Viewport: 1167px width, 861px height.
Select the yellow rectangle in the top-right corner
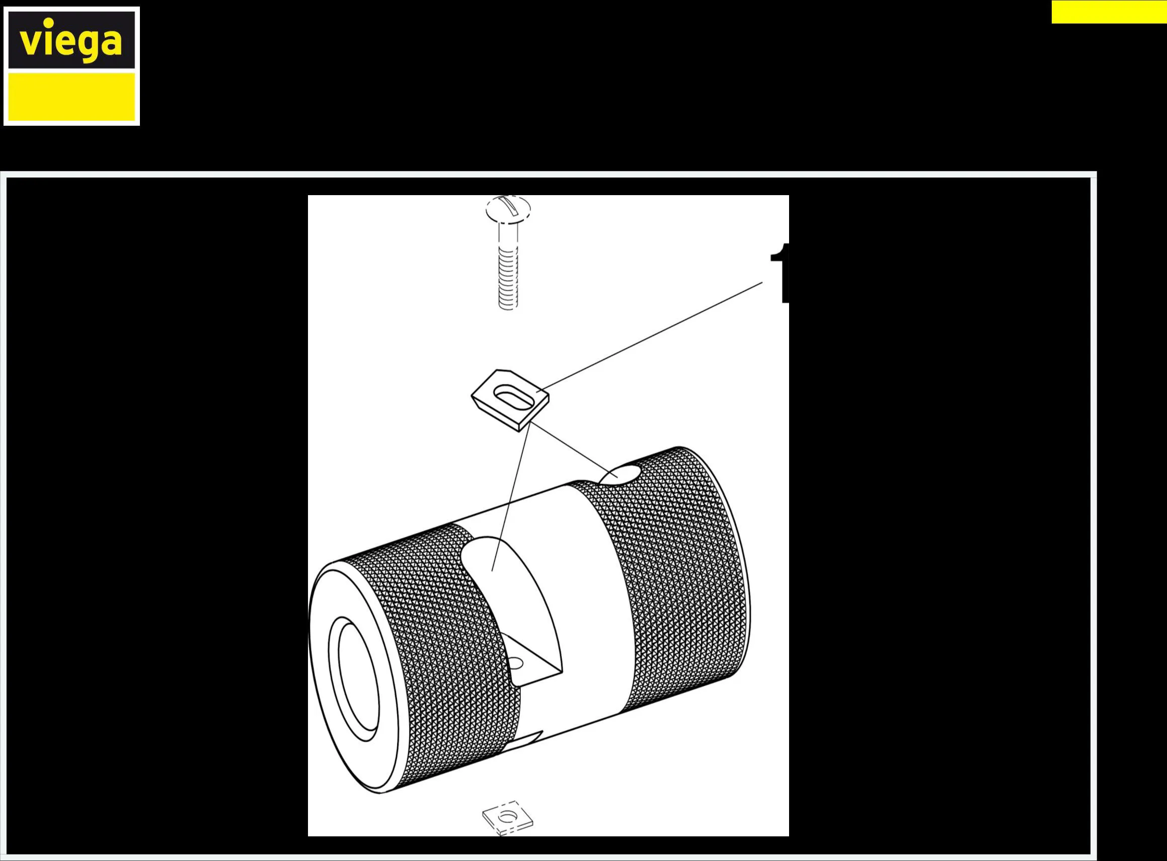pos(1109,12)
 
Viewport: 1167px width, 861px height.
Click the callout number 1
pos(780,273)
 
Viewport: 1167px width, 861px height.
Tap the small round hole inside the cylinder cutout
pos(515,663)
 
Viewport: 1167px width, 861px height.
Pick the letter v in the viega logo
pos(30,43)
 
